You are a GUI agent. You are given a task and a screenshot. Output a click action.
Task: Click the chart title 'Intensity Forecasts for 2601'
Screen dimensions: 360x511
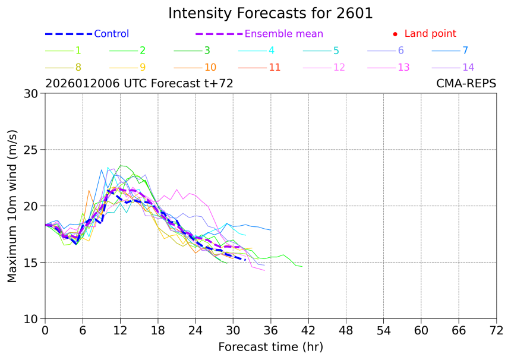[x=270, y=13]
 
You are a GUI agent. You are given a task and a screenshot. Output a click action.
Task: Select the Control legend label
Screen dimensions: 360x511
[x=111, y=34]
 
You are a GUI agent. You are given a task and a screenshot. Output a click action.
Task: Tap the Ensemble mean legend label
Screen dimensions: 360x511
[x=284, y=34]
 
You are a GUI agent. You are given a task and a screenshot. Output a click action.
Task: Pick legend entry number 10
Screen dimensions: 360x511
[x=210, y=67]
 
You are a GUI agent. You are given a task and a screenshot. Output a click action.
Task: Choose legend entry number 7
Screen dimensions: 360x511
[x=465, y=50]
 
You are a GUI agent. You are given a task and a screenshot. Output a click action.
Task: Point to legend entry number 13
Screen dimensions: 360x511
[x=403, y=67]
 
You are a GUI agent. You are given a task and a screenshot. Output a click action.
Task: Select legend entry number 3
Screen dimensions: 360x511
[x=207, y=50]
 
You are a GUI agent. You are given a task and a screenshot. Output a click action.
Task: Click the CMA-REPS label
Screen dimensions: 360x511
[x=466, y=84]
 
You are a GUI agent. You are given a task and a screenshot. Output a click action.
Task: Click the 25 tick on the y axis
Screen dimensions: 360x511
[x=31, y=150]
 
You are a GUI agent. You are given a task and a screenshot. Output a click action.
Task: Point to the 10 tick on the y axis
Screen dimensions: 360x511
[x=31, y=319]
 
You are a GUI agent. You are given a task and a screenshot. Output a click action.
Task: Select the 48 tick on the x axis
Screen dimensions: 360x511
[x=346, y=330]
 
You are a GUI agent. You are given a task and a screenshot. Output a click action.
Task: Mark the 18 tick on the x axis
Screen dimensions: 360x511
[x=158, y=330]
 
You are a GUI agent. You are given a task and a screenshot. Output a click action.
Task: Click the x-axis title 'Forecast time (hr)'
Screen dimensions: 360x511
[x=270, y=346]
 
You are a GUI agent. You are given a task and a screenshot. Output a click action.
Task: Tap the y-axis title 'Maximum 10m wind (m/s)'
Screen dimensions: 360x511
[x=12, y=206]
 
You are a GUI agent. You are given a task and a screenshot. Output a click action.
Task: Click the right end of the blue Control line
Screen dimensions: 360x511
[x=245, y=260]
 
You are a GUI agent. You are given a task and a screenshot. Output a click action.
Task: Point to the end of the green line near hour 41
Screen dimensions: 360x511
[x=302, y=267]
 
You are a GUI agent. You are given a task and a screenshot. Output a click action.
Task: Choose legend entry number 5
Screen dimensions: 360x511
[x=336, y=50]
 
